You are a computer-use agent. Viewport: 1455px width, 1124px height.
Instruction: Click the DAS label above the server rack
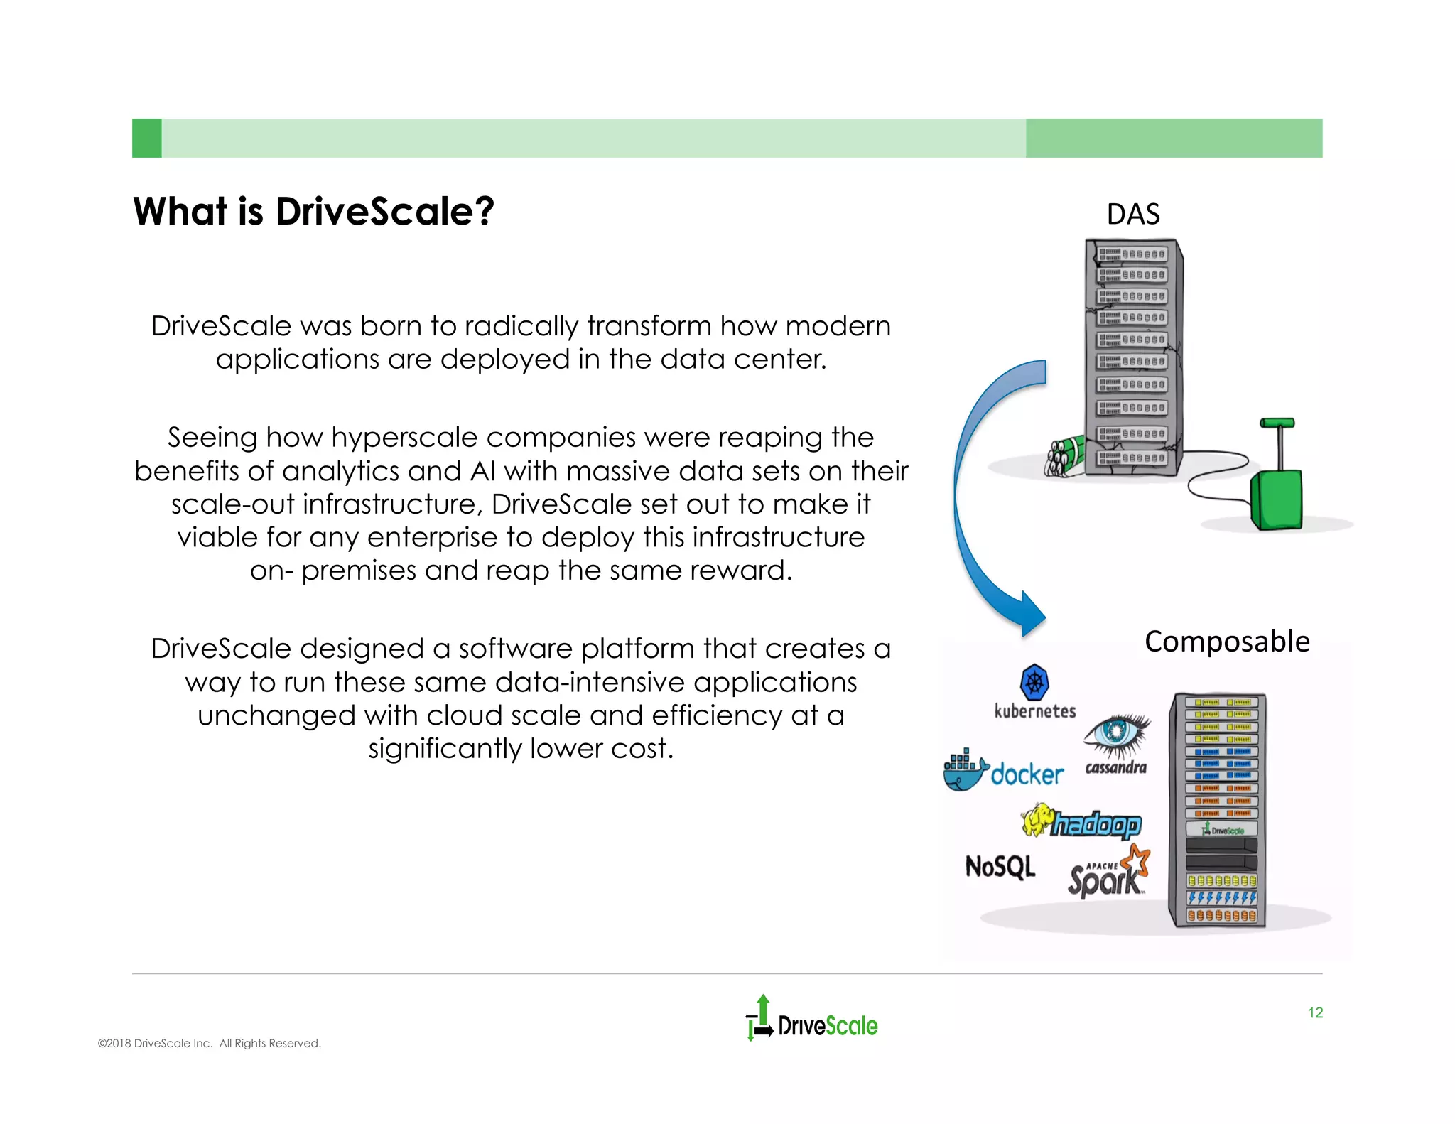click(1132, 214)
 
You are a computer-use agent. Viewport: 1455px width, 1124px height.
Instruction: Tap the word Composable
click(1227, 642)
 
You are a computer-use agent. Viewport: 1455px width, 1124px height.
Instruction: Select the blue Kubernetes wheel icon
click(1034, 683)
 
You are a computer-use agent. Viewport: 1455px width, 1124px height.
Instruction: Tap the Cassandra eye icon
click(1116, 733)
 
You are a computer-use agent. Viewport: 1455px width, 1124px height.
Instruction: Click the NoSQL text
click(1000, 867)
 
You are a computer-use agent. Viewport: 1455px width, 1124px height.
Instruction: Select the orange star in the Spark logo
click(1137, 860)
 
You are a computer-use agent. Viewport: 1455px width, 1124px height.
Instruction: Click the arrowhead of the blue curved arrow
click(1029, 615)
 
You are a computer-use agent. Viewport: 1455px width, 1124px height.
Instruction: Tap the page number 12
click(1315, 1012)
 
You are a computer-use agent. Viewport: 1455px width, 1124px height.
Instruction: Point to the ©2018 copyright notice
click(209, 1043)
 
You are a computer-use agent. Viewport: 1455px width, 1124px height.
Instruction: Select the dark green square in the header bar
click(146, 138)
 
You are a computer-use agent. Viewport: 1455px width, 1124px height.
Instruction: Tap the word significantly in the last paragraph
click(445, 749)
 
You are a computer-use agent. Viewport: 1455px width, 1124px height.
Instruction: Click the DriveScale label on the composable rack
click(1222, 830)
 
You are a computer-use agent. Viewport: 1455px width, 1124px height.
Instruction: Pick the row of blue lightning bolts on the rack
click(1221, 898)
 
